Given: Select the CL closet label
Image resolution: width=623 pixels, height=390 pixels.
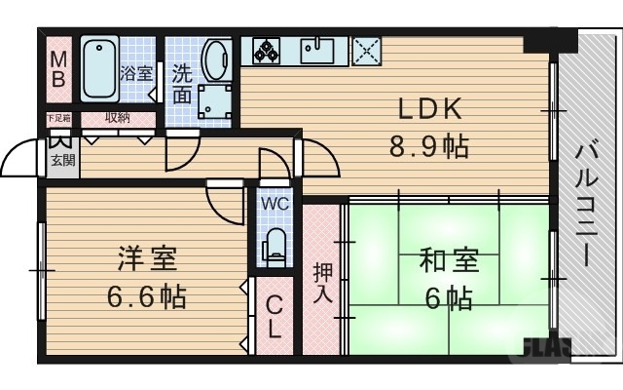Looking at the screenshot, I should (x=275, y=316).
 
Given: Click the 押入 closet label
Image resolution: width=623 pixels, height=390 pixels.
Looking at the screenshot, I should (x=322, y=283).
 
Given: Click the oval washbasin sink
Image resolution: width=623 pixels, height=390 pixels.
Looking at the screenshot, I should (x=215, y=58).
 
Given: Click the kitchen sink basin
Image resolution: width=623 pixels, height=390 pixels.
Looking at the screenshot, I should (x=318, y=50).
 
